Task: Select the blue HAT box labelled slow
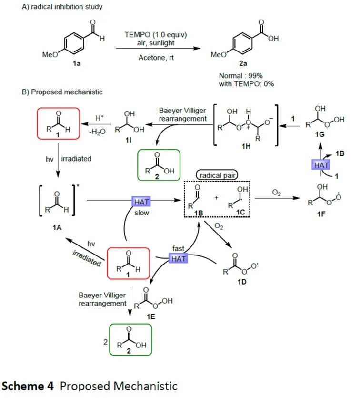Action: (141, 203)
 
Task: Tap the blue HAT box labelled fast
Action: (179, 258)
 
